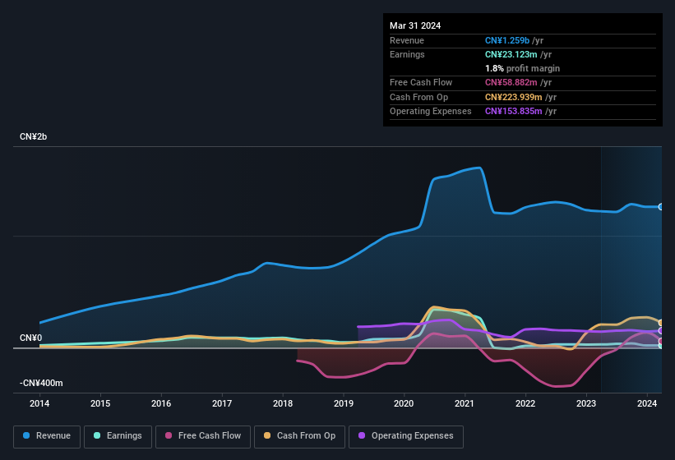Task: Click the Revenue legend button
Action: coord(48,436)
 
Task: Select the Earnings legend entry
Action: coord(118,436)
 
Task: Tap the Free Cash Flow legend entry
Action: coord(203,436)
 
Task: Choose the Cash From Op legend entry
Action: coord(299,436)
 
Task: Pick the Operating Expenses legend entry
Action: coord(406,436)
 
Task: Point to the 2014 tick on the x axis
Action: coord(39,403)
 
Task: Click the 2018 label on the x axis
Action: coord(283,403)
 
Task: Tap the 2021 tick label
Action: coord(465,403)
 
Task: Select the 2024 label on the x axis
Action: coord(647,403)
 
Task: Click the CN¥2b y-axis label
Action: coord(34,136)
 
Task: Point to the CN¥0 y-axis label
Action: coord(30,338)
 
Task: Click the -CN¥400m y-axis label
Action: coord(41,383)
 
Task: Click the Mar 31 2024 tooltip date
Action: coord(415,25)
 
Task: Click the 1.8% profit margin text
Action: coord(522,68)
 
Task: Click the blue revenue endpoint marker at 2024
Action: coord(661,207)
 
